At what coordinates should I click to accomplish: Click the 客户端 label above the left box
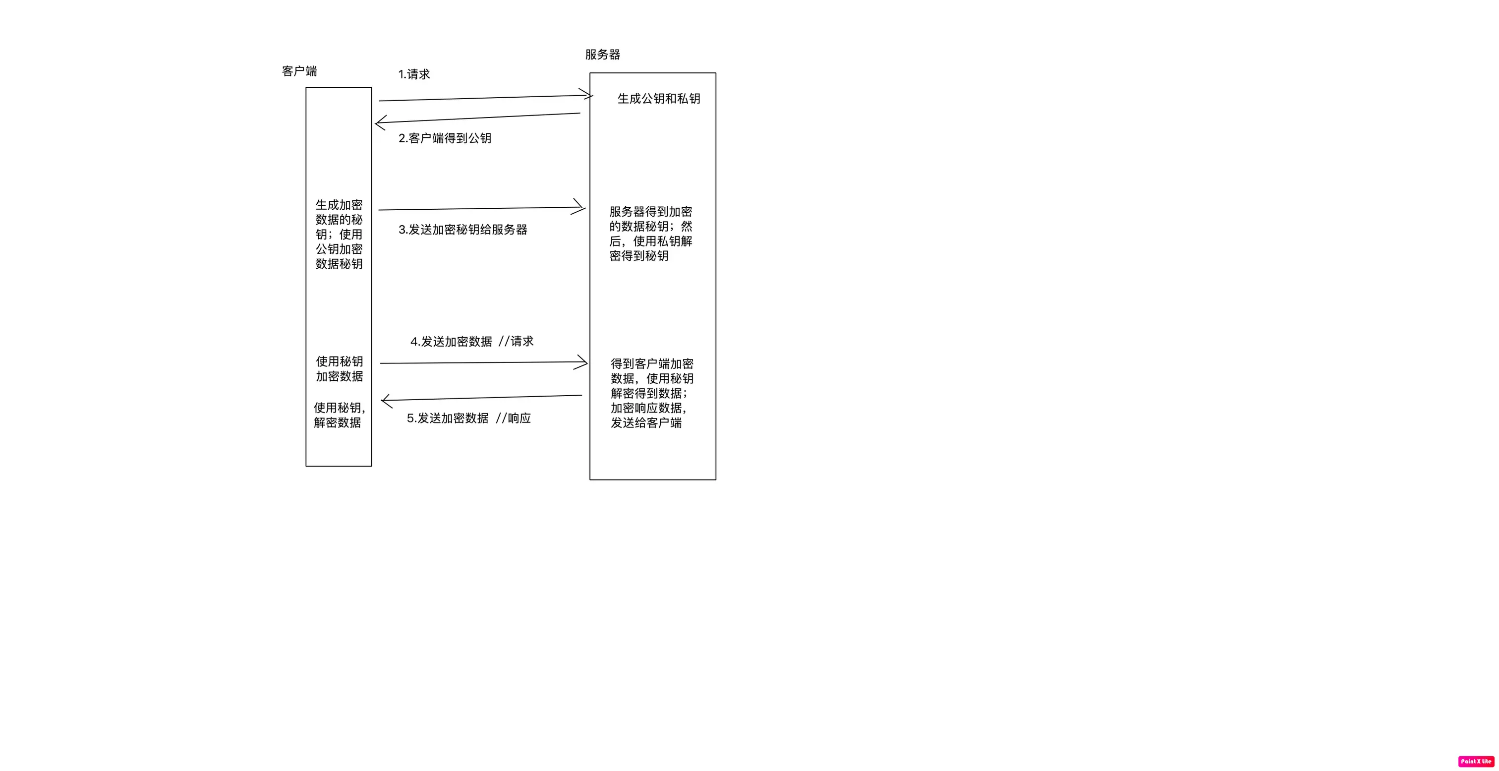[299, 71]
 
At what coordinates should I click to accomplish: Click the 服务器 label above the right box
[602, 55]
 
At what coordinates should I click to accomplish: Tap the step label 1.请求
[414, 74]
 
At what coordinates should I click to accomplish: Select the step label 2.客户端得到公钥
[445, 138]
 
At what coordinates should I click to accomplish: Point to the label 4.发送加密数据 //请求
[472, 342]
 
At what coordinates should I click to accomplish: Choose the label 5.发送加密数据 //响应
[468, 418]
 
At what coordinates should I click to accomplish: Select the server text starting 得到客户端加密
[652, 393]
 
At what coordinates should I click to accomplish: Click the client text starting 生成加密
[339, 235]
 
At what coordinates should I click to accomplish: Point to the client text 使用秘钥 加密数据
[339, 369]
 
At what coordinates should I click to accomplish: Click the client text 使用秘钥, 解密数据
[339, 415]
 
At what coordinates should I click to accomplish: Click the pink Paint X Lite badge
[1476, 761]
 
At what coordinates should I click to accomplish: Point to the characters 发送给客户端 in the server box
[646, 423]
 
